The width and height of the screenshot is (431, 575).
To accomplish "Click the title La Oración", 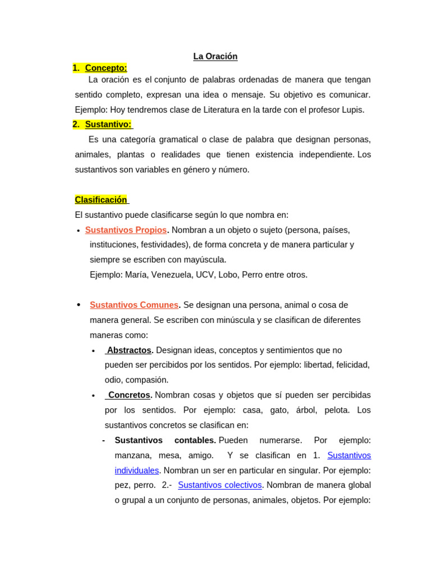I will pyautogui.click(x=215, y=56).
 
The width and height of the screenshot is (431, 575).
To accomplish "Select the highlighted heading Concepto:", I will pyautogui.click(x=106, y=68).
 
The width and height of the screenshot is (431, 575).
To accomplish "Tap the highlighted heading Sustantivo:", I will pyautogui.click(x=108, y=124).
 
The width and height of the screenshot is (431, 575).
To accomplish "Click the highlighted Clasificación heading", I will pyautogui.click(x=101, y=199).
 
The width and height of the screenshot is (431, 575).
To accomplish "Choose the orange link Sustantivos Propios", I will pyautogui.click(x=126, y=230).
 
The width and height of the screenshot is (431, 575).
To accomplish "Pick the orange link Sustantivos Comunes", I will pyautogui.click(x=134, y=305).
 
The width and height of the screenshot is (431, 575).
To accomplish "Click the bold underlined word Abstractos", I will pyautogui.click(x=129, y=350).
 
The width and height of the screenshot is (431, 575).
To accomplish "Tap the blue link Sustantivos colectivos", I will pyautogui.click(x=220, y=485).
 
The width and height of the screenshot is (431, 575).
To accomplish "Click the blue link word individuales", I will pyautogui.click(x=137, y=470).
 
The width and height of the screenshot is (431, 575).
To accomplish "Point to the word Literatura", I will pyautogui.click(x=217, y=109).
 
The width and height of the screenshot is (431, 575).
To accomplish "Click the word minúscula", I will pyautogui.click(x=235, y=320).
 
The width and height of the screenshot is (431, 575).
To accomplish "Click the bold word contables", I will pyautogui.click(x=195, y=440).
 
